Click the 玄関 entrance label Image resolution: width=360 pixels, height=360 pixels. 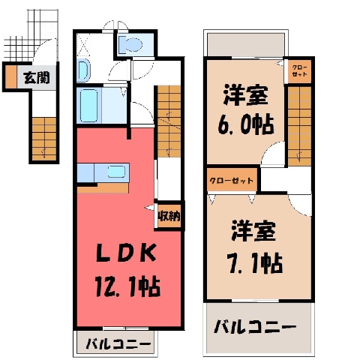(x=37, y=77)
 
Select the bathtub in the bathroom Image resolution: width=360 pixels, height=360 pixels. (x=88, y=106)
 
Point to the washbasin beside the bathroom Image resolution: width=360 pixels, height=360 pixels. (x=82, y=71)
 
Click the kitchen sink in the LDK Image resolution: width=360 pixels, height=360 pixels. (x=116, y=172)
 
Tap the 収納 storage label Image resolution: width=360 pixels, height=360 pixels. (x=169, y=215)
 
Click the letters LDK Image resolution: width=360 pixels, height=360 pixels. (x=126, y=253)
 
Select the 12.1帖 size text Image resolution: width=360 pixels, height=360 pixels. (x=127, y=286)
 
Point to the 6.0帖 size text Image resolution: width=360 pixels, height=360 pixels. (x=245, y=124)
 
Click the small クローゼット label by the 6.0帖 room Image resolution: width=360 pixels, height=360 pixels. (x=299, y=70)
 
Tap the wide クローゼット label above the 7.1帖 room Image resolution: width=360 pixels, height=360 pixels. (x=232, y=181)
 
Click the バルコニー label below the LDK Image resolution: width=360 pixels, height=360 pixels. (x=118, y=344)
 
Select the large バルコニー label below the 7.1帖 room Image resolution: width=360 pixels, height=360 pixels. (x=255, y=326)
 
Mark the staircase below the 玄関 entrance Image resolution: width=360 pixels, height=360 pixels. (x=44, y=139)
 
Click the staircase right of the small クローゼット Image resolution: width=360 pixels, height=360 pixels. (x=299, y=126)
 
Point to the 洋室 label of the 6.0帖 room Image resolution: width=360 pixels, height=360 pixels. (x=245, y=95)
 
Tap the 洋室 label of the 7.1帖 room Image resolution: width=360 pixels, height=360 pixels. (x=253, y=231)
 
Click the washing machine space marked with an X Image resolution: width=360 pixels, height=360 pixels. (x=83, y=44)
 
